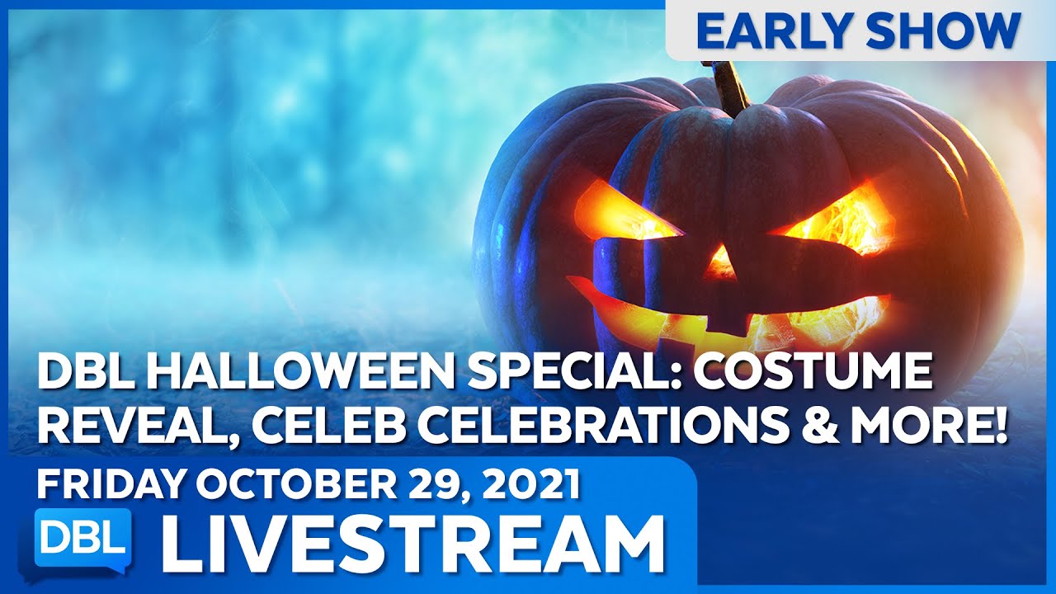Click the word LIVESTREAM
point(412,544)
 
